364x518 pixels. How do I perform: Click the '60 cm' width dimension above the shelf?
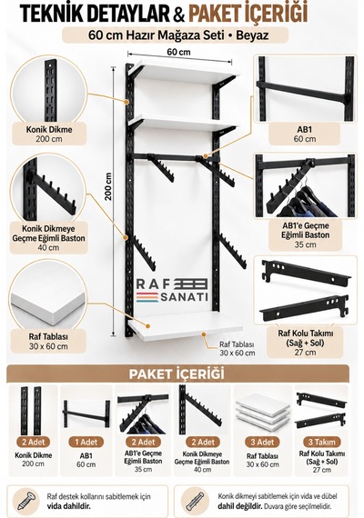click(178, 52)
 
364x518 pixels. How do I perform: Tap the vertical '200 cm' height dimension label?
click(108, 186)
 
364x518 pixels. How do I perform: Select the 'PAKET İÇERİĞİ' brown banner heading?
click(177, 374)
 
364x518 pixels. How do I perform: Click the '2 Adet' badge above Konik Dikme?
click(34, 442)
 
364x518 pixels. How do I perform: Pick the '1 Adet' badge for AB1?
click(86, 442)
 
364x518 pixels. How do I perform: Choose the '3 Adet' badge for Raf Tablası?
click(262, 442)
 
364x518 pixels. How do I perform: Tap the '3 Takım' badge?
click(321, 442)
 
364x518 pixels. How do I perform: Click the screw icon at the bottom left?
click(27, 500)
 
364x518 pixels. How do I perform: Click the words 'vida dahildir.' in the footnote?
click(68, 505)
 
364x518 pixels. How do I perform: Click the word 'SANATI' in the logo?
click(184, 296)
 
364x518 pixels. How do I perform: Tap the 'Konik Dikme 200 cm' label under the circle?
click(49, 134)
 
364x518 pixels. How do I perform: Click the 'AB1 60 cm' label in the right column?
click(305, 134)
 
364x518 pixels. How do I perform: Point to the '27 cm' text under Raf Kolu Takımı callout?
click(305, 353)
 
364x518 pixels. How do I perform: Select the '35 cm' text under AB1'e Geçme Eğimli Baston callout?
click(305, 244)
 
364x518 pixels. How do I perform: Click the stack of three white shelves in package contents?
click(262, 412)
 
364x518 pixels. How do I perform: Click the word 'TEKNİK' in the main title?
click(54, 13)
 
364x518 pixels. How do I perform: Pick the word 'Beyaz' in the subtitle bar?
click(252, 35)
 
